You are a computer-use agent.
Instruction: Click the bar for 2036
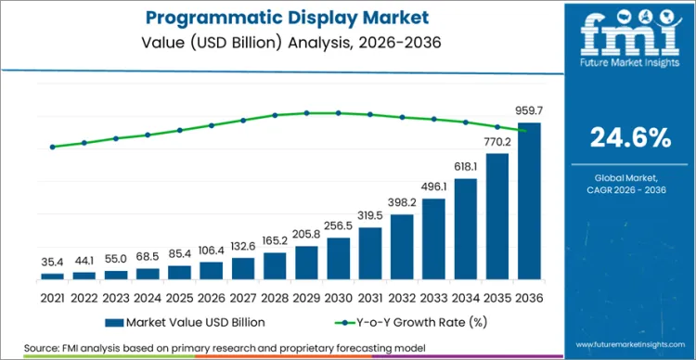click(529, 200)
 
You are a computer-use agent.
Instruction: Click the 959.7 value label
click(529, 111)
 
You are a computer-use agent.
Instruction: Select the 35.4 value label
click(52, 263)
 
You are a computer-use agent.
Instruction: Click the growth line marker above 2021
click(52, 147)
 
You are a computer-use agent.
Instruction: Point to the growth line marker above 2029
click(306, 113)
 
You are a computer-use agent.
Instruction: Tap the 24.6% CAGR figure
click(631, 137)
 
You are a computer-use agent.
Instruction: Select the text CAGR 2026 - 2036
click(631, 191)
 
